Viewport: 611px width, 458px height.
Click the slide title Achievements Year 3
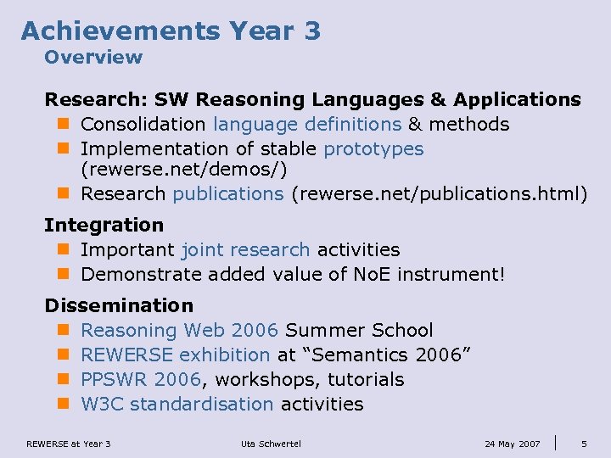coord(171,31)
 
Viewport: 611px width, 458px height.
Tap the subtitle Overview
coord(93,58)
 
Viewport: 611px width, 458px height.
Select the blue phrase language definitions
coord(307,125)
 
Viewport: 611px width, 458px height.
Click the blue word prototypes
coord(373,149)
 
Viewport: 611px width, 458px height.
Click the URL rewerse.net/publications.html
coord(438,194)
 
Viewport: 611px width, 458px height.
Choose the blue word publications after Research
coord(228,194)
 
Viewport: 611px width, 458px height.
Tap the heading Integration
coord(104,226)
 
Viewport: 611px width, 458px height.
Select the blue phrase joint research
coord(246,250)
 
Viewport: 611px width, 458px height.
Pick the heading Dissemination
coord(119,305)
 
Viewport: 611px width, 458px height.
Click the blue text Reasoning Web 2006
coord(180,331)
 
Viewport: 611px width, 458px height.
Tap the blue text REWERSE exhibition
coord(176,355)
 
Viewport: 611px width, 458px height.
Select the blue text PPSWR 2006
coord(141,380)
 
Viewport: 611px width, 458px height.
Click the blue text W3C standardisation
coord(177,405)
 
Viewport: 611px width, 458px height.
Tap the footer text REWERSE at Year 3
coord(69,444)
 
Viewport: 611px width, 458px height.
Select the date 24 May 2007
coord(512,444)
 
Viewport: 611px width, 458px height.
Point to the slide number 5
coord(584,444)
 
